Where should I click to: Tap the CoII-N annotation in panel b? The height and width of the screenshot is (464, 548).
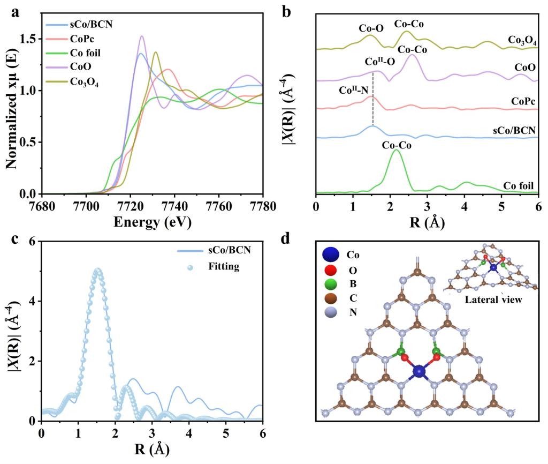[x=354, y=90]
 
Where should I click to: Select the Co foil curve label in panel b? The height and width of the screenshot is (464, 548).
[x=519, y=186]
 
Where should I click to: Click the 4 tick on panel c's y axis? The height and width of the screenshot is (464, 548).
[x=33, y=301]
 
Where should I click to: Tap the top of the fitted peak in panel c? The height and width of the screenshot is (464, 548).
[x=97, y=270]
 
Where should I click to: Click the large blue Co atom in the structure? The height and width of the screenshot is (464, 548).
[x=419, y=370]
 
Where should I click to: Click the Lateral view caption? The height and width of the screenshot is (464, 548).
[x=493, y=300]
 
